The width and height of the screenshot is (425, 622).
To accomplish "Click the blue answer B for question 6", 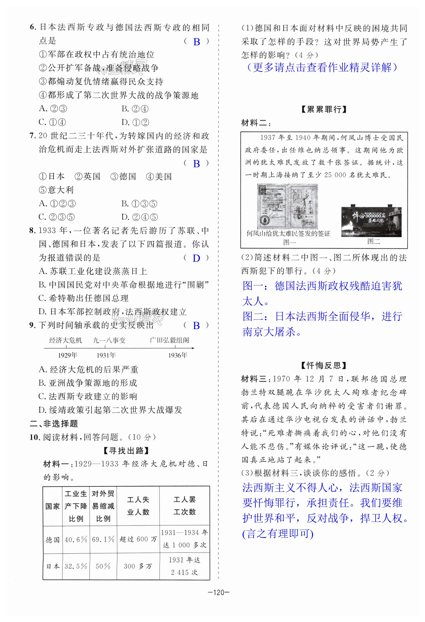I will click(x=196, y=42).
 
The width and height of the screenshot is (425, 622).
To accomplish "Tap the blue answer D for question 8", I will click(x=196, y=258).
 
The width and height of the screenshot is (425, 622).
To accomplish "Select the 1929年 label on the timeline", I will click(x=67, y=355).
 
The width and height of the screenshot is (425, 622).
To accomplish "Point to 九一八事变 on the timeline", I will click(x=109, y=340).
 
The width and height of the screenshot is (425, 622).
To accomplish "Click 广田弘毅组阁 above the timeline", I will click(x=169, y=340).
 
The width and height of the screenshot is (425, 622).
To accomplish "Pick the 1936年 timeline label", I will click(x=177, y=355).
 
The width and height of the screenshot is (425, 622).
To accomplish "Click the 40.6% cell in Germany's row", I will click(x=76, y=539).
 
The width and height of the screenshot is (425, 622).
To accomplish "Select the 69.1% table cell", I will click(x=103, y=539).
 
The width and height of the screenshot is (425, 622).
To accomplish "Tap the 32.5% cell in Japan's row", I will click(x=76, y=566).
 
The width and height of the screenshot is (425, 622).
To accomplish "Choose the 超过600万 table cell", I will click(x=138, y=539).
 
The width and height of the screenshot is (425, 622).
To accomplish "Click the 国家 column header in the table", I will click(x=52, y=506).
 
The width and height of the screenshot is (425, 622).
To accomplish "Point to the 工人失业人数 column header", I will click(x=138, y=506).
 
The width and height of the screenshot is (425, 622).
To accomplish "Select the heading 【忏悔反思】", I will click(x=324, y=365).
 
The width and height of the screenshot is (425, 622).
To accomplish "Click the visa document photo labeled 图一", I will click(x=287, y=206).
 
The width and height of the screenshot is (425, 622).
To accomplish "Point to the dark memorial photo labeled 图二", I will click(x=371, y=222).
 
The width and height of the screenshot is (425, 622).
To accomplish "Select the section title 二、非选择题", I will click(x=54, y=424).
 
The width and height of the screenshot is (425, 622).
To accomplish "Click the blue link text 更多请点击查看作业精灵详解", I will click(x=322, y=68).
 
